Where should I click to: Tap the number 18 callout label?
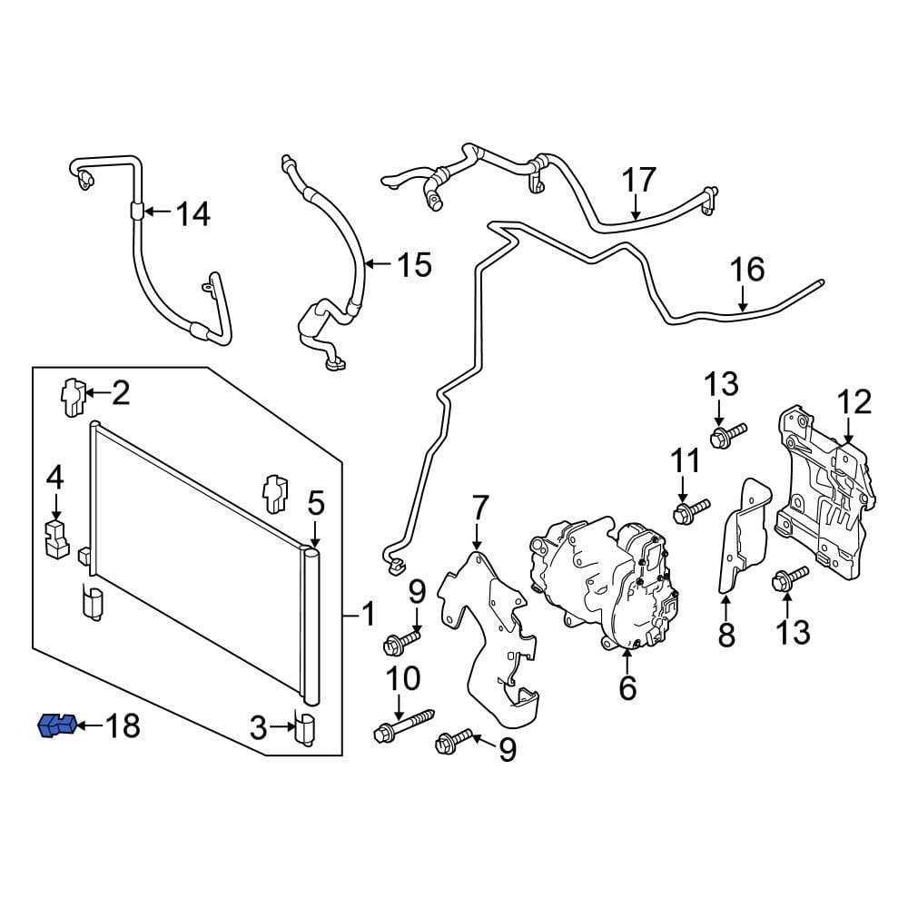pos(123,726)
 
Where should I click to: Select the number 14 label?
pos(192,214)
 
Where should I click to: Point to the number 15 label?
pos(414,265)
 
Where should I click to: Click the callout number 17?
pos(638,180)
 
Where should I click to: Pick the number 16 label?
pos(747,270)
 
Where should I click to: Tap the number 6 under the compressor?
pos(627,688)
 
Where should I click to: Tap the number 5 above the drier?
pos(315,501)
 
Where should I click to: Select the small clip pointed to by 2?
pos(73,396)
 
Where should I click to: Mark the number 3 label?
pos(259,726)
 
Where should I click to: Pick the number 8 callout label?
pos(726,635)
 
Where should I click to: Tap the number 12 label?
pos(854,401)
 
